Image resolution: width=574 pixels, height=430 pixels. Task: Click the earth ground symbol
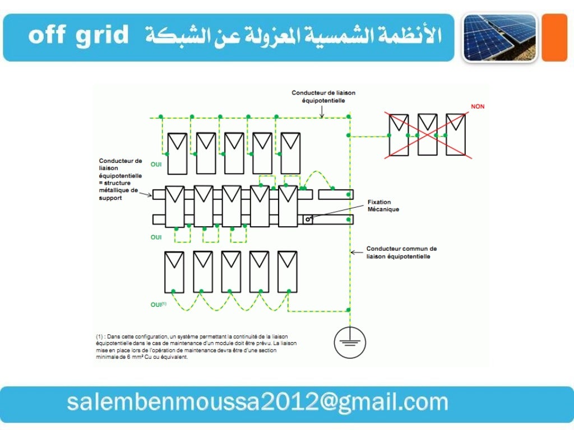coord(350,342)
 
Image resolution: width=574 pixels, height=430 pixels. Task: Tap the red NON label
coord(477,106)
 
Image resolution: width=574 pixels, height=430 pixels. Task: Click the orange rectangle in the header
coord(555,38)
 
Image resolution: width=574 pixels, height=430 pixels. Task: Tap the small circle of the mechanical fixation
coord(308,219)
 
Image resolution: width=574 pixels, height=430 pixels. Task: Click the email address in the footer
coord(257,403)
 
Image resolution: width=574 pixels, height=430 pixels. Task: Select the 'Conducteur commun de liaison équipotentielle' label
coord(401,251)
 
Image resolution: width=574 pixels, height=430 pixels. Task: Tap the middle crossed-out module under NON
coord(427,134)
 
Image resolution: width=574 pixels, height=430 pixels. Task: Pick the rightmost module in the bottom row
coord(288,272)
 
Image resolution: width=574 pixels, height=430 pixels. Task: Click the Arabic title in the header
coord(294,36)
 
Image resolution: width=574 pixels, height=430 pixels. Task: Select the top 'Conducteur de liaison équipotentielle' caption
coord(323,96)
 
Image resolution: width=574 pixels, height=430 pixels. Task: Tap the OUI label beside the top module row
coord(156,165)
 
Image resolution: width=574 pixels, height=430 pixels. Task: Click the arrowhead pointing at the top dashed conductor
coord(322,116)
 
